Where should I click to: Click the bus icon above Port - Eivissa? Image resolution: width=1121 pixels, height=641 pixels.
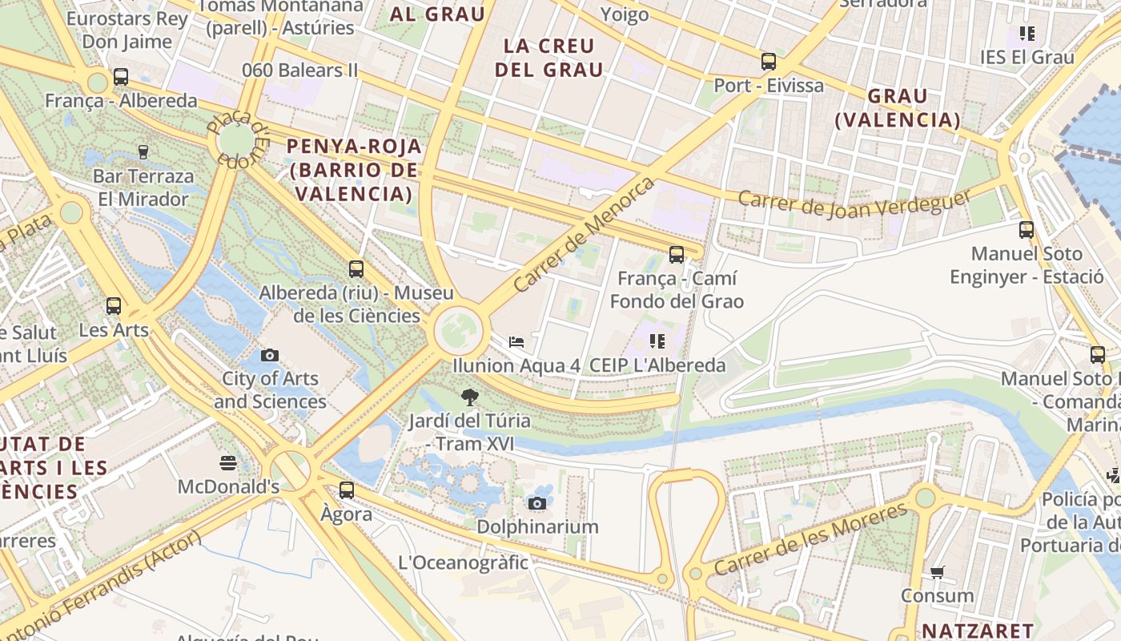[x=769, y=61]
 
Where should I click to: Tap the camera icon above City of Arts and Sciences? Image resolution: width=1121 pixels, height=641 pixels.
[x=270, y=354]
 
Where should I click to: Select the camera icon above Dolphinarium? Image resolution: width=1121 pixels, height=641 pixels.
[x=537, y=503]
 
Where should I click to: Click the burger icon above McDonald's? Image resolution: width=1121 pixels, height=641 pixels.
[x=228, y=462]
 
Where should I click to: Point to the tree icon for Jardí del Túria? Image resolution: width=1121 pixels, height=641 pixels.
[x=469, y=396]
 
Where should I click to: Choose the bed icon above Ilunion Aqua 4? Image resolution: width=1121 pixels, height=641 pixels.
[x=516, y=342]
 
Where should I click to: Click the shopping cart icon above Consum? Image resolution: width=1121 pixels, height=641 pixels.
[x=937, y=572]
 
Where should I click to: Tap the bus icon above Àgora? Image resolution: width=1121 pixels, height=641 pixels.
[x=346, y=490]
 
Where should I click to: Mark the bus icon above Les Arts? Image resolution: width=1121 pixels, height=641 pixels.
[x=114, y=305]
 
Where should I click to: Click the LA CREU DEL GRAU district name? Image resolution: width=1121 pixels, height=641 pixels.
[x=548, y=58]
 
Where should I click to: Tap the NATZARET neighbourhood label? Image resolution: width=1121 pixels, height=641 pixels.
[x=978, y=631]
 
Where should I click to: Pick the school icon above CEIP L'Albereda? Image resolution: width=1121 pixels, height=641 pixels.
[x=657, y=341]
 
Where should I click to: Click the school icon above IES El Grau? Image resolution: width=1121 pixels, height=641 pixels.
[x=1027, y=34]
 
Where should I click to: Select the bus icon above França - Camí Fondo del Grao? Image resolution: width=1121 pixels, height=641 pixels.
[x=677, y=255]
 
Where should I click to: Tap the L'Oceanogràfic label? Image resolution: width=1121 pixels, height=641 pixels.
[x=464, y=562]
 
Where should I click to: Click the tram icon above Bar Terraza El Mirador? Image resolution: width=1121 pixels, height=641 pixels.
[x=143, y=151]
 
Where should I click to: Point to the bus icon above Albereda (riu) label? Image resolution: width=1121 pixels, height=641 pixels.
[x=356, y=269]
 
